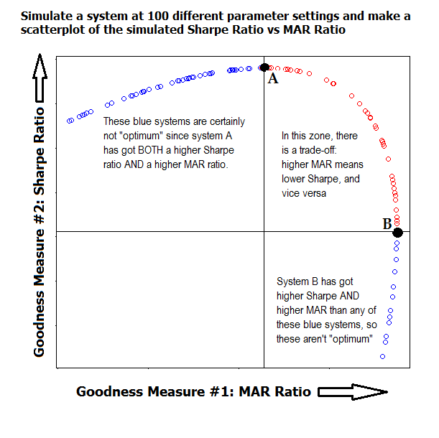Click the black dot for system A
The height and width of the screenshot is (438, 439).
(x=264, y=67)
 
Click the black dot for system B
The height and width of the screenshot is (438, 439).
(x=397, y=232)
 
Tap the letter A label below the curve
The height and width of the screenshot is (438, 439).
(x=273, y=79)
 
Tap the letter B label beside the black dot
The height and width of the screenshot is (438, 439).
(x=387, y=224)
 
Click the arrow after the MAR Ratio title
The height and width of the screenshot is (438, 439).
(x=352, y=391)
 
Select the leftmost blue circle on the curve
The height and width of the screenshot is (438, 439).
(x=69, y=121)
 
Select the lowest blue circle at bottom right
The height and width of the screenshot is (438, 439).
(x=382, y=356)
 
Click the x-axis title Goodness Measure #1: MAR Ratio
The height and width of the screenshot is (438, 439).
(x=193, y=391)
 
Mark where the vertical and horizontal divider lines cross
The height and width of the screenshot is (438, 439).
(x=264, y=232)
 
